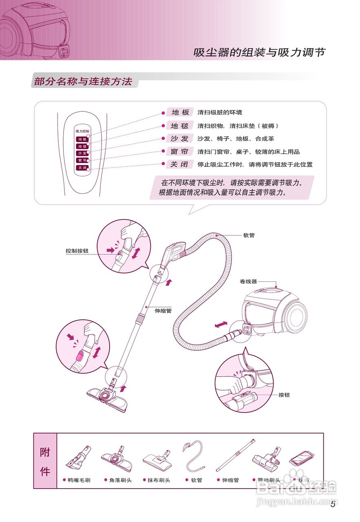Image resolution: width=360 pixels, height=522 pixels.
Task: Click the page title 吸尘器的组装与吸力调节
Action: coord(259,53)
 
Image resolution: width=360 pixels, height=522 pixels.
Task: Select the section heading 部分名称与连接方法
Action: coord(83,81)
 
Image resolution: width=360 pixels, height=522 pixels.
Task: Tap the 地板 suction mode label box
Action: coord(180,113)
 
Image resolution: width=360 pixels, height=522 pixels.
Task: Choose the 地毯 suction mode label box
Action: coord(180,126)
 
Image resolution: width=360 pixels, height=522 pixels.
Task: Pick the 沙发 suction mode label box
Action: coord(180,139)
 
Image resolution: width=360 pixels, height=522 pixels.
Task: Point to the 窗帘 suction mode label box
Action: coord(180,152)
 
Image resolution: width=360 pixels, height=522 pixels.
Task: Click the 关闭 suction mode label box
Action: coord(180,165)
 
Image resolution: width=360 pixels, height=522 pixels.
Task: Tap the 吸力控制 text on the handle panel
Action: coord(82,132)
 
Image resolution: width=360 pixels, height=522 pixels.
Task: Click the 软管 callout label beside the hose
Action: coord(249,235)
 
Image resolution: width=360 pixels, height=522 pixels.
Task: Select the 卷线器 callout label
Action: coord(248,281)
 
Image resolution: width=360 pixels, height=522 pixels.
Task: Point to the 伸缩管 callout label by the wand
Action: coord(162,310)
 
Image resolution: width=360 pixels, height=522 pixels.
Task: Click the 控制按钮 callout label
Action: coord(77,251)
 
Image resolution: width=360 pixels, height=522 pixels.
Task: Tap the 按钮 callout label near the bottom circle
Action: coord(284,395)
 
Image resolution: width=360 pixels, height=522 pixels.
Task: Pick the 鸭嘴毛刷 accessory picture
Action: coord(78,459)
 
